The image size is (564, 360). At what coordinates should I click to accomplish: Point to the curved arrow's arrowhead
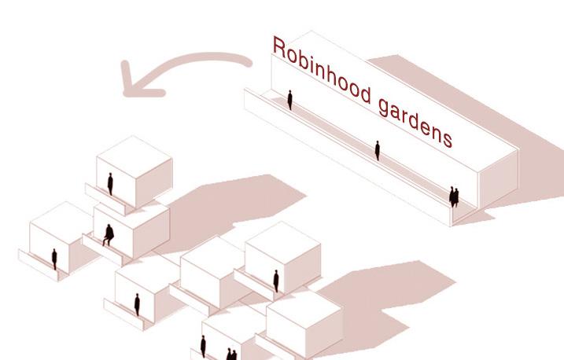click(x=135, y=82)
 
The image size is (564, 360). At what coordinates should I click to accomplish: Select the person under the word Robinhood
click(x=289, y=99)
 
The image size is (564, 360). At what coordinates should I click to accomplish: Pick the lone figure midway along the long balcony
click(x=378, y=149)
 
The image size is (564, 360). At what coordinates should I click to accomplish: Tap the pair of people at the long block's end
click(x=453, y=197)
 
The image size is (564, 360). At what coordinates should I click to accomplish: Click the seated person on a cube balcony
click(x=107, y=234)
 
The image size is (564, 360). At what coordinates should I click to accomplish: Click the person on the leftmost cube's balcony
click(x=54, y=258)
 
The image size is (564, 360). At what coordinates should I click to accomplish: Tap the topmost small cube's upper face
click(x=135, y=151)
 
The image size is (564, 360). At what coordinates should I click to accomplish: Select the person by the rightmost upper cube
click(x=275, y=280)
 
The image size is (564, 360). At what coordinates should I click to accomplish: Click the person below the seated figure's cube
click(x=137, y=304)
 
